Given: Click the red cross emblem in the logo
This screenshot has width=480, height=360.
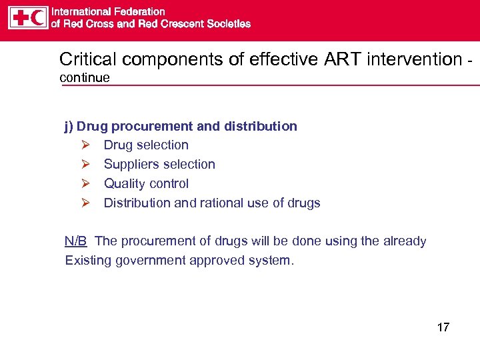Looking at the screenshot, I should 19,17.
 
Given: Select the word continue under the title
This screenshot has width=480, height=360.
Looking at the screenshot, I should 85,78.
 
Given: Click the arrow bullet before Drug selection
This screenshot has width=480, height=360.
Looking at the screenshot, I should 85,145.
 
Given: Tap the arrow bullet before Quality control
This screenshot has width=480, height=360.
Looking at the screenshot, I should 85,184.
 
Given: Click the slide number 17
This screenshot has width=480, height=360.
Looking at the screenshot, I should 443,327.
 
